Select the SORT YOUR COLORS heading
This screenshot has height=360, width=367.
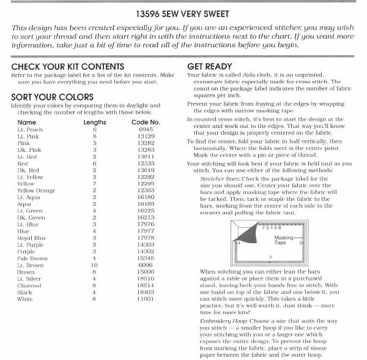coord(52,97)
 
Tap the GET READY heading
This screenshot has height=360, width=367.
coord(209,66)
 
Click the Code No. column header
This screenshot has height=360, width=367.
coord(145,122)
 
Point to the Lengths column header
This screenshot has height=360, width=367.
coord(94,122)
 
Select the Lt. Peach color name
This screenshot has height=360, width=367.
coord(30,130)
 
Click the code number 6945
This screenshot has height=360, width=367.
coord(146,130)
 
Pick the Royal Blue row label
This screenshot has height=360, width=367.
coord(32,238)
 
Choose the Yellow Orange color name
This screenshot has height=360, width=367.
coord(36,190)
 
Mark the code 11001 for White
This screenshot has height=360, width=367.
coord(146,299)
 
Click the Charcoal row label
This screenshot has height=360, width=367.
coord(29,285)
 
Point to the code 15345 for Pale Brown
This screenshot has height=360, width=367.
coord(146,258)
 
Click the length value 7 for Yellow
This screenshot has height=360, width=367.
coord(95,184)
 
